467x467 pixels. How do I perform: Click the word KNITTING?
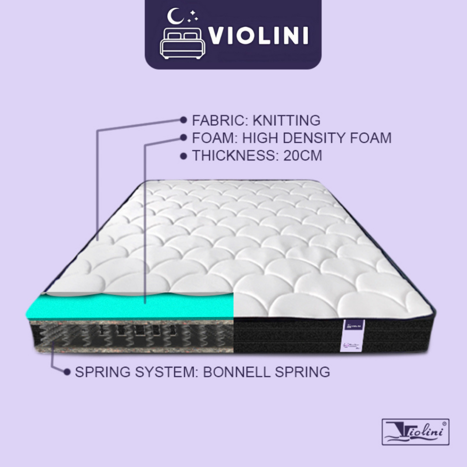coord(286,120)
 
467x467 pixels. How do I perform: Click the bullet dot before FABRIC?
coord(183,120)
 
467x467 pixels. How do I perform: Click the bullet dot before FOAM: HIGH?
coord(183,138)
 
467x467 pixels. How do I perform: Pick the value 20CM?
coord(302,156)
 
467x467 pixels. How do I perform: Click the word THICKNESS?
coord(232,156)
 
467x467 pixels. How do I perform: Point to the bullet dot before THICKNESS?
coord(183,156)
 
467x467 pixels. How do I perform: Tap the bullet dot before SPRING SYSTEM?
coord(67,372)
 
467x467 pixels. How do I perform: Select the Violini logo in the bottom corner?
coord(415,431)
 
